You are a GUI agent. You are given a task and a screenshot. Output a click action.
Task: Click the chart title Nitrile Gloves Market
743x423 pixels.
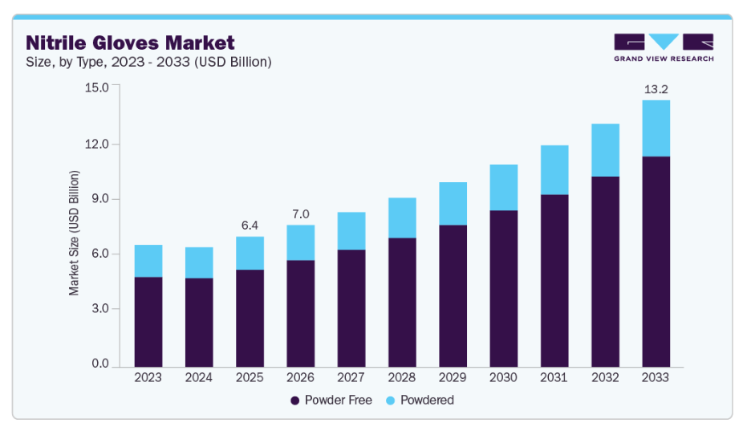pyautogui.click(x=130, y=43)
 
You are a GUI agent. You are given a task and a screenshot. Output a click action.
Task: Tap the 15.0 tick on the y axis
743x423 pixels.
pyautogui.click(x=96, y=87)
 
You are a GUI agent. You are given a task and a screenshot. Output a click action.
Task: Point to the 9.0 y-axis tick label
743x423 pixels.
pyautogui.click(x=99, y=199)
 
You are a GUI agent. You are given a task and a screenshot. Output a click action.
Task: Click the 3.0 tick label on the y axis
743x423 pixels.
pyautogui.click(x=99, y=309)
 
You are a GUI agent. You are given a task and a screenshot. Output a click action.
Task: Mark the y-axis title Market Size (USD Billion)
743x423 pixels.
pyautogui.click(x=75, y=233)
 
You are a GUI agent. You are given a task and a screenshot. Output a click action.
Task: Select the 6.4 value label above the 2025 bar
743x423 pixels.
pyautogui.click(x=250, y=226)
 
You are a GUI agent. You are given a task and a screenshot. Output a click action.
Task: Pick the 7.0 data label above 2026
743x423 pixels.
pyautogui.click(x=300, y=214)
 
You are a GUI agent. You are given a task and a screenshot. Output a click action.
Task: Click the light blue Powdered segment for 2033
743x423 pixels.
pyautogui.click(x=656, y=128)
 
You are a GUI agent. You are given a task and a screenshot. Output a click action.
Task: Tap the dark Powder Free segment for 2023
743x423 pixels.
pyautogui.click(x=148, y=321)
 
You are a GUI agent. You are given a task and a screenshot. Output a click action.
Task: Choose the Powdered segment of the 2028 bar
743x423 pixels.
pyautogui.click(x=402, y=218)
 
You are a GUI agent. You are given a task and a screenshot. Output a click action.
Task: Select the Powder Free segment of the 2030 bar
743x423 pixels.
pyautogui.click(x=503, y=288)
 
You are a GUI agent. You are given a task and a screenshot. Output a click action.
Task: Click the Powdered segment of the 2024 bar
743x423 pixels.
pyautogui.click(x=198, y=262)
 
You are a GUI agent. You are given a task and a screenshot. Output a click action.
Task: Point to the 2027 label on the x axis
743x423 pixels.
pyautogui.click(x=351, y=376)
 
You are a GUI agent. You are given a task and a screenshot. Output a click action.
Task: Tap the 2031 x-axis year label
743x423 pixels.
pyautogui.click(x=554, y=376)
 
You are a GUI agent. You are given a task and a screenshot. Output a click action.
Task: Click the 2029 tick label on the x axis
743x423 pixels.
pyautogui.click(x=453, y=376)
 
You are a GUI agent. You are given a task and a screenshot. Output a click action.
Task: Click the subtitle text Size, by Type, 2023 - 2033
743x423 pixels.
pyautogui.click(x=148, y=62)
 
